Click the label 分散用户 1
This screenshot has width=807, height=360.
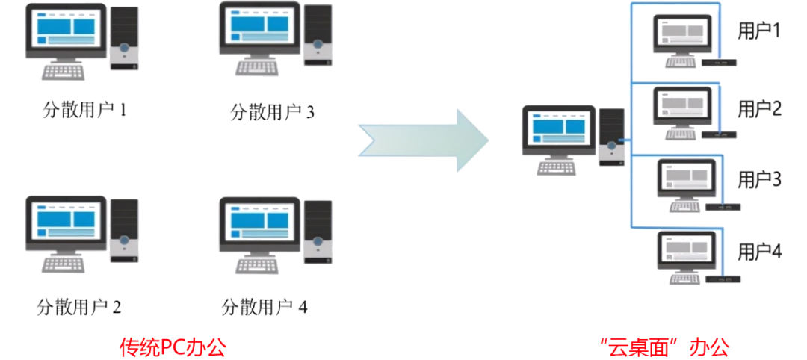coord(84,110)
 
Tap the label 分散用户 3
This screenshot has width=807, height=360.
coord(272,111)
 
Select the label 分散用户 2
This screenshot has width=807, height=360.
coord(78,306)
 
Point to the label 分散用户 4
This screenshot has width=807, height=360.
coord(265,306)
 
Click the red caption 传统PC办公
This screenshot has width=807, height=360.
coord(173,347)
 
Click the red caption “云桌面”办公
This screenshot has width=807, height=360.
coord(664,347)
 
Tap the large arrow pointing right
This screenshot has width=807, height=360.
coord(424,140)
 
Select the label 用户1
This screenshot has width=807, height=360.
coord(758,31)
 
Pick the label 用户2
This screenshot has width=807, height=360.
coord(759,109)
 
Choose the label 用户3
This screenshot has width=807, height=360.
coord(759,179)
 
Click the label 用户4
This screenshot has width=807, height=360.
coord(759,251)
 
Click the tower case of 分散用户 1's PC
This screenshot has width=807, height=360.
coord(124,37)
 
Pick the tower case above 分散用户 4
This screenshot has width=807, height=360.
coord(318,228)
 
